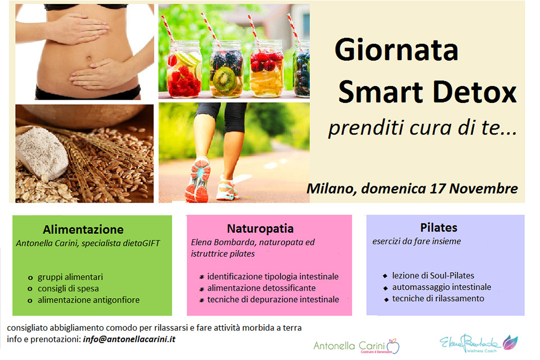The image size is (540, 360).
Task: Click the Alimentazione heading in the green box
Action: (83, 229)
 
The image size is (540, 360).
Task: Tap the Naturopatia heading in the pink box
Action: (260, 228)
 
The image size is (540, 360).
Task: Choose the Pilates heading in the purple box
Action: (439, 227)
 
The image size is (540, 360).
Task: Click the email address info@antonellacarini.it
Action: (129, 339)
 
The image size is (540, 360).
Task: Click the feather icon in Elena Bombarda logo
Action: (510, 342)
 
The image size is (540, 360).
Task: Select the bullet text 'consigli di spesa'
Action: (68, 289)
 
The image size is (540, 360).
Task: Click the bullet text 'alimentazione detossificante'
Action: (262, 288)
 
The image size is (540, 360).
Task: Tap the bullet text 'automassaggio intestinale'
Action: (442, 287)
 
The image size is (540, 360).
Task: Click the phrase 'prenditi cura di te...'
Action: (422, 128)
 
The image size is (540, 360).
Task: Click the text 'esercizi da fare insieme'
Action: (416, 241)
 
